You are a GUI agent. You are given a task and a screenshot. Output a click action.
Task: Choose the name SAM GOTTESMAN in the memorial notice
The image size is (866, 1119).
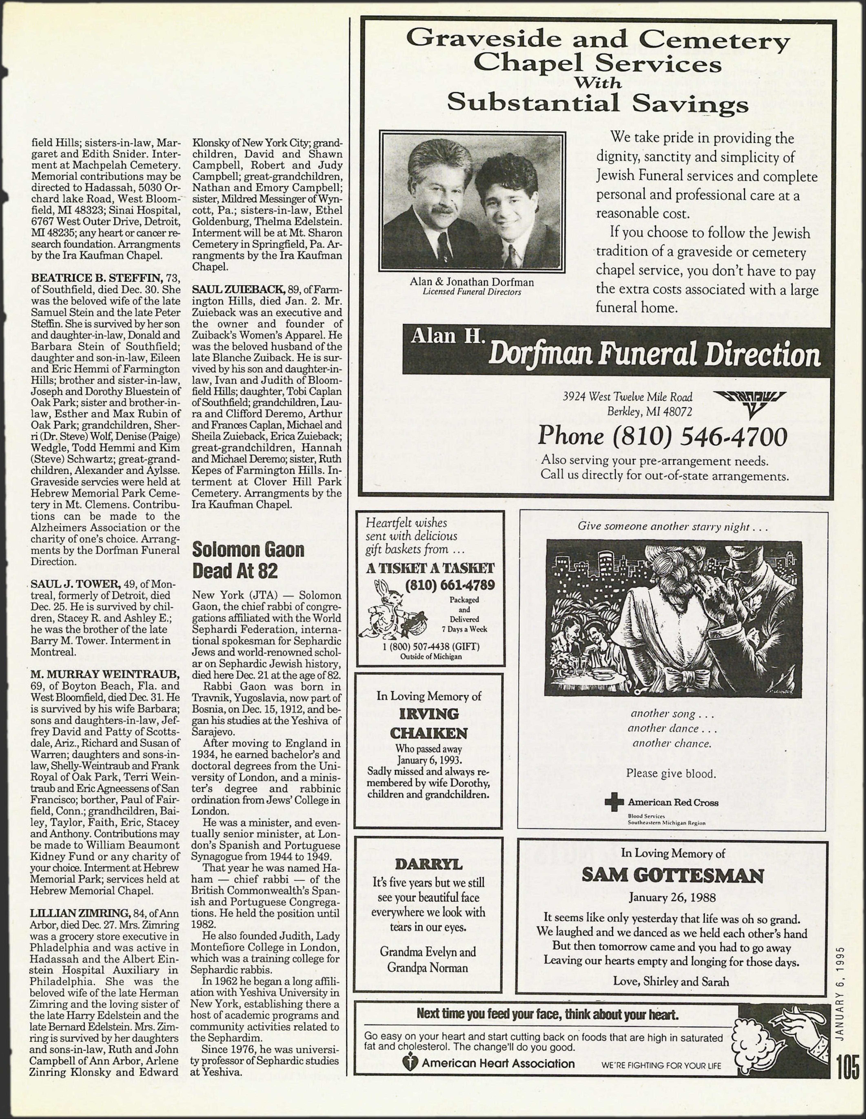point(672,876)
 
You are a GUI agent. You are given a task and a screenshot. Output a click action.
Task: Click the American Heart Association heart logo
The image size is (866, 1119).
point(410,1064)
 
